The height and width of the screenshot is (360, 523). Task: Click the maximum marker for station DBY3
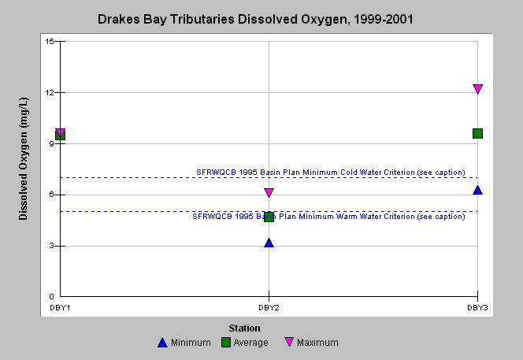point(477,89)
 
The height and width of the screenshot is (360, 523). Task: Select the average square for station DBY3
point(477,133)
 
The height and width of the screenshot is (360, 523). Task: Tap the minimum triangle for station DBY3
point(477,190)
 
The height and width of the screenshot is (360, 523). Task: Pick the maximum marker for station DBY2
point(269,192)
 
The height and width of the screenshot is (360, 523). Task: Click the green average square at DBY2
point(269,217)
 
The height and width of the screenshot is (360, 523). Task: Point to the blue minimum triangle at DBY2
point(269,243)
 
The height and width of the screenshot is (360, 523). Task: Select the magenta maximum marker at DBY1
point(61,133)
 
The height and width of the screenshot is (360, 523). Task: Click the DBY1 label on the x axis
point(60,308)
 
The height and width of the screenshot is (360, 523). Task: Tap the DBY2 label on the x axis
point(269,308)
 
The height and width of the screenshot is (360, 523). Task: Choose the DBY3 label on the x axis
point(477,308)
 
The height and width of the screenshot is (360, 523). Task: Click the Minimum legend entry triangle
point(162,343)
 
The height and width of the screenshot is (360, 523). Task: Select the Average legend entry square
point(226,343)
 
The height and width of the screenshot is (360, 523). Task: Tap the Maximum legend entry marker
point(289,343)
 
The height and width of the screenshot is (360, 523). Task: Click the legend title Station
point(244,328)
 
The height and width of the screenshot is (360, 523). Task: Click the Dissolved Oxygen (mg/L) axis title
point(23,159)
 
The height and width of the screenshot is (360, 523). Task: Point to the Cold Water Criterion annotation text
point(331,173)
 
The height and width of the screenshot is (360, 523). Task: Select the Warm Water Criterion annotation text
point(328,216)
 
